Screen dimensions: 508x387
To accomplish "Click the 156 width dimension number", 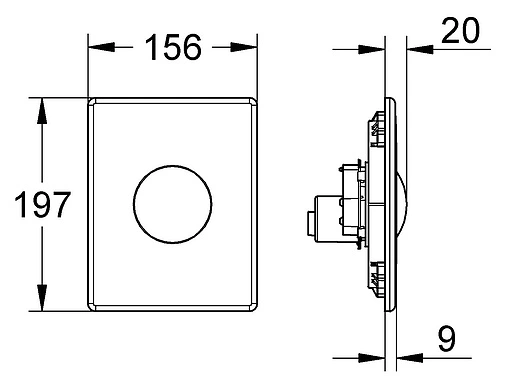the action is [x=173, y=48].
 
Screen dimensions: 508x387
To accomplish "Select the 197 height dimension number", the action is [x=42, y=204].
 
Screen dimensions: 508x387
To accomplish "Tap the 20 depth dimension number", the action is [x=460, y=31].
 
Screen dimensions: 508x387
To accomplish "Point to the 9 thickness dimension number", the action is [x=447, y=339].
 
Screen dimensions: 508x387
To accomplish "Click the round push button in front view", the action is [x=173, y=204].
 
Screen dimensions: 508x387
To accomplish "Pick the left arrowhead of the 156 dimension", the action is [x=101, y=47].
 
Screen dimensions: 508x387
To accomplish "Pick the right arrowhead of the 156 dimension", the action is [x=244, y=47].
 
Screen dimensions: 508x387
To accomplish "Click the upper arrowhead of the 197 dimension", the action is [x=42, y=111].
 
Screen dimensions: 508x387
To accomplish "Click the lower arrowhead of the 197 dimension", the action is [x=42, y=298].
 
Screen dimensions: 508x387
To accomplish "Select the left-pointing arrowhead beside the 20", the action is [x=420, y=49].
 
